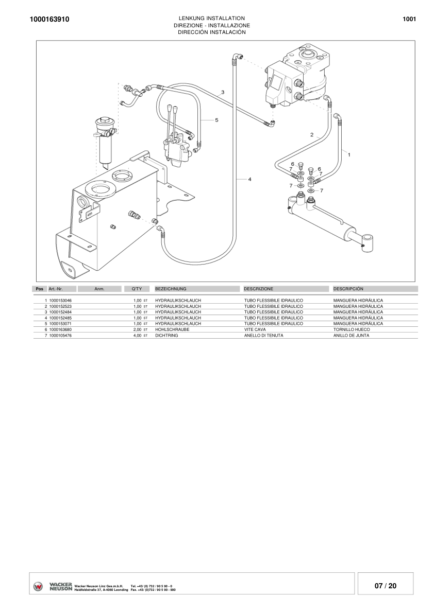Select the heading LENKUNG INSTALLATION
211,19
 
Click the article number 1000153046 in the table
60,300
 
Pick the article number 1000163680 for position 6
60,329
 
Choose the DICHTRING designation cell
166,335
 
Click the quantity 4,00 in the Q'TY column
137,335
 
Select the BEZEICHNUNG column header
171,289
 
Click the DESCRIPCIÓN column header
348,289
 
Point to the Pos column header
40,289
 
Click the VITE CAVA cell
255,329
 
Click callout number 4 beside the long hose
249,179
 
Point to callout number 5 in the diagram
216,120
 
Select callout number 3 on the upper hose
222,92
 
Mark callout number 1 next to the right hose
349,154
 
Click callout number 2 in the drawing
311,134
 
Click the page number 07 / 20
386,586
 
